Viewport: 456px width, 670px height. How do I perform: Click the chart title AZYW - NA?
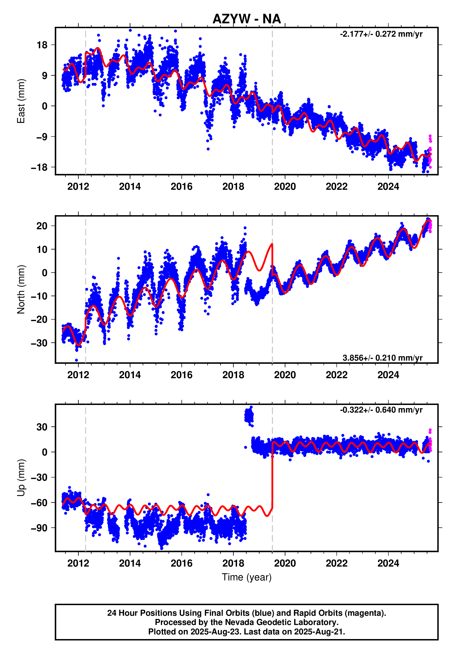246,19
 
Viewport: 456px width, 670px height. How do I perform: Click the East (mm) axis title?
21,101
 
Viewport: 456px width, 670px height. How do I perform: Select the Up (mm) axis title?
21,478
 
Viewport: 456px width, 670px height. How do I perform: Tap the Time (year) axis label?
246,577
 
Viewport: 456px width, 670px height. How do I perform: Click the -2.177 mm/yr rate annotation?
381,34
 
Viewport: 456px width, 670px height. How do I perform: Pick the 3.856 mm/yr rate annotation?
382,358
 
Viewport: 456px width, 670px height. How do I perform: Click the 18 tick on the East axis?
42,45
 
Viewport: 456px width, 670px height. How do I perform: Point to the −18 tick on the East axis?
39,167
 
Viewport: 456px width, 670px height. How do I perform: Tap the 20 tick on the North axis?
42,226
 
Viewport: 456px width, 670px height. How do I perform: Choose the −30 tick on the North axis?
39,343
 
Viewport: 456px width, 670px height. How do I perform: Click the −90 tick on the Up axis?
39,528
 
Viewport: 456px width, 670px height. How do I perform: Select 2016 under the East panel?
182,187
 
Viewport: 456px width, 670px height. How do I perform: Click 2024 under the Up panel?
388,563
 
